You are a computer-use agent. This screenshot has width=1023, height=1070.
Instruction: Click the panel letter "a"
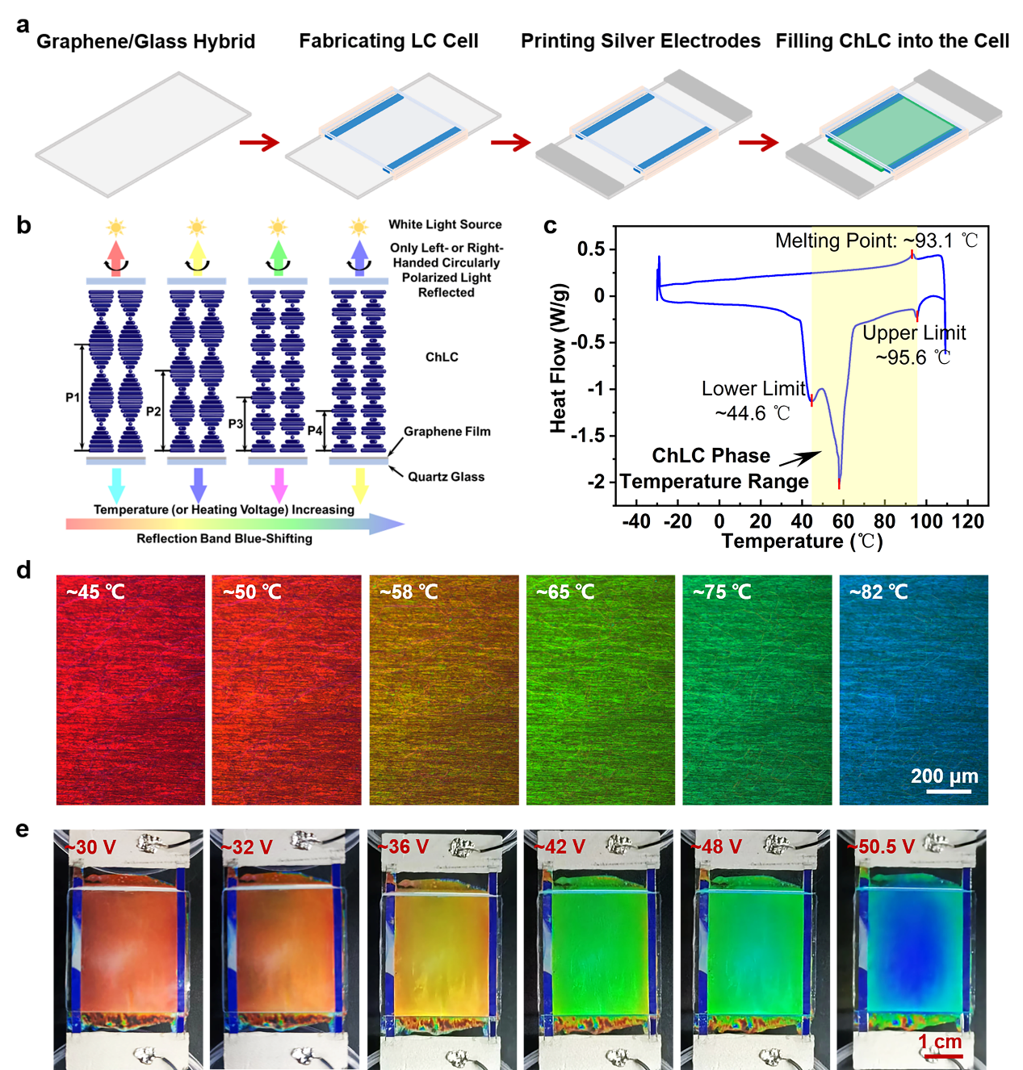[23, 25]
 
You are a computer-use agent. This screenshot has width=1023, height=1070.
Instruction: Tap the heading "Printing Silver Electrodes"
[640, 41]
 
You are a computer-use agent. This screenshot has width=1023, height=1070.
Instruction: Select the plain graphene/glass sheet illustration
[143, 133]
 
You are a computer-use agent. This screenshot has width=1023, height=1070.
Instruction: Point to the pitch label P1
[73, 397]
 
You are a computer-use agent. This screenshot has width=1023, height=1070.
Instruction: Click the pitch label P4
[315, 430]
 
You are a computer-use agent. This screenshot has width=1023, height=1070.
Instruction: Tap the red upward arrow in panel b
[116, 257]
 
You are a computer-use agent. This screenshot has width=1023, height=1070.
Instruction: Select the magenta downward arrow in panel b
[279, 483]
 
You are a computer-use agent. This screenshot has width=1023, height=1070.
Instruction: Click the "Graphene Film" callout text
[447, 432]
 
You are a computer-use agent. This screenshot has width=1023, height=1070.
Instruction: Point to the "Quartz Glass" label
[446, 477]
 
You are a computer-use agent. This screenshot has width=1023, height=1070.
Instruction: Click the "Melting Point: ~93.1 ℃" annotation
[876, 240]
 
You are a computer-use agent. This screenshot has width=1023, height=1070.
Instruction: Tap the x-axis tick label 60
[843, 521]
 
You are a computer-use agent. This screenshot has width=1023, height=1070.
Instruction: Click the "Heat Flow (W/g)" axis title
[558, 358]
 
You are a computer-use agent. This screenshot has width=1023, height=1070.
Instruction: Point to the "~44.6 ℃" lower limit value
[753, 413]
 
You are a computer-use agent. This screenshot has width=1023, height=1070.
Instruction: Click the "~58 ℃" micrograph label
[409, 591]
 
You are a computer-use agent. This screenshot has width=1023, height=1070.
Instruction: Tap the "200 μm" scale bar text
[944, 776]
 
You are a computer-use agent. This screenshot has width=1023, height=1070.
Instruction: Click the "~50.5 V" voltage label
[880, 846]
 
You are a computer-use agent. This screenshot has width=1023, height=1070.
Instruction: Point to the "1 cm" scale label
[941, 1042]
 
